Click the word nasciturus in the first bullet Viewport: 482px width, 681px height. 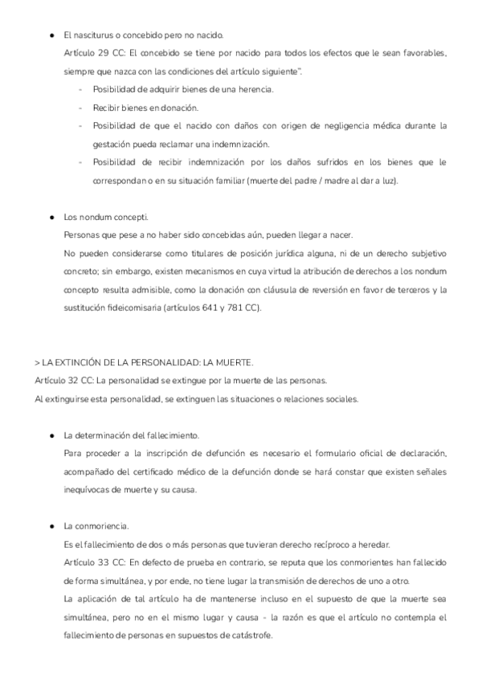(x=92, y=36)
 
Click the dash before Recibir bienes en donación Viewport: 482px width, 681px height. (x=80, y=107)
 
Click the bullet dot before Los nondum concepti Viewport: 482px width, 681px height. (x=51, y=218)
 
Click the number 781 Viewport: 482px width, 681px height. (x=237, y=287)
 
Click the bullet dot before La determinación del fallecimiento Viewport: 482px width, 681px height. (x=51, y=435)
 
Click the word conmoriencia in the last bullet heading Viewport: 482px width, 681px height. (x=100, y=526)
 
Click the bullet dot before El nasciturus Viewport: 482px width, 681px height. (x=51, y=36)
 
